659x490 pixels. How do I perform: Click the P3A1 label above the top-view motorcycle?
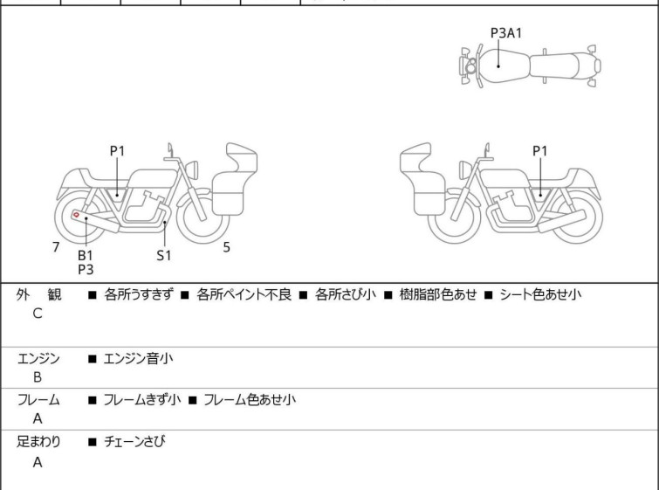(506, 32)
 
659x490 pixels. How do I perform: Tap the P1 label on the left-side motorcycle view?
(117, 151)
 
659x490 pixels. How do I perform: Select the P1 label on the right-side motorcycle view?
(540, 151)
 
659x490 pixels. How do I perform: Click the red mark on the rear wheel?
(77, 215)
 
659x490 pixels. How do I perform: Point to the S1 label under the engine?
(164, 255)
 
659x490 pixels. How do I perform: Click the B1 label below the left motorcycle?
(86, 255)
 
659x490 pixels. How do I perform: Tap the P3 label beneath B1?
(86, 269)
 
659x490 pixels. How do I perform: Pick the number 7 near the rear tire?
(56, 247)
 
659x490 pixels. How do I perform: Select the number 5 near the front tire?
(226, 247)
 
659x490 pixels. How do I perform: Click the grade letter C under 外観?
(38, 314)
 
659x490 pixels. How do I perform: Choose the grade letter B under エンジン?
(38, 376)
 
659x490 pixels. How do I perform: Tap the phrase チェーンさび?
(134, 442)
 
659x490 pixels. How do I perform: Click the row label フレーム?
(38, 400)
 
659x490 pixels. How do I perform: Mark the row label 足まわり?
(38, 442)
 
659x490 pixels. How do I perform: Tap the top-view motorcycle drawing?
(530, 66)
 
